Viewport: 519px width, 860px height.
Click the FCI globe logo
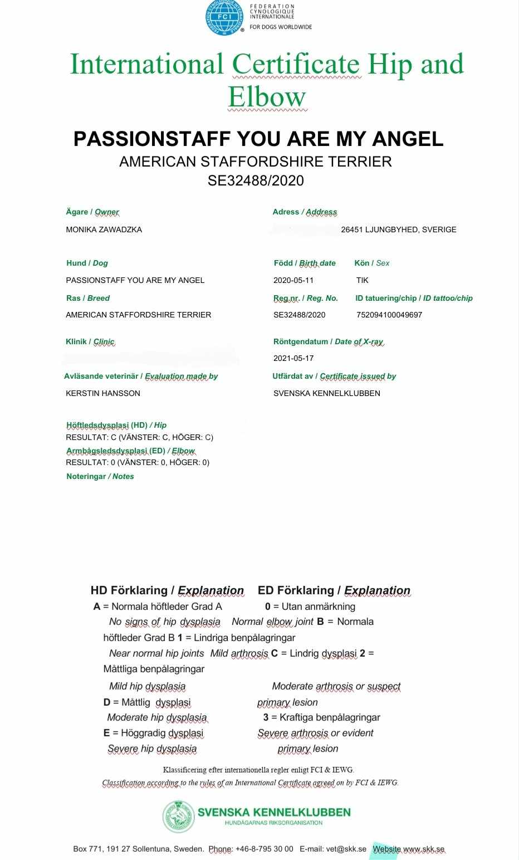(224, 17)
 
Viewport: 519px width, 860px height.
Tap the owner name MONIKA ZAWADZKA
(104, 229)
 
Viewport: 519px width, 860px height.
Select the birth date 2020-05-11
(293, 280)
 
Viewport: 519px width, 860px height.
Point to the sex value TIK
(363, 280)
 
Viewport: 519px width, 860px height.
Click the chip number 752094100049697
(389, 315)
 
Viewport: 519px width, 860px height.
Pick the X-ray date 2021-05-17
(293, 358)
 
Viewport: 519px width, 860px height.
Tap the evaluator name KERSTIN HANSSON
(103, 393)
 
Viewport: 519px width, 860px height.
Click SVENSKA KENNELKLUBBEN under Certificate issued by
(327, 393)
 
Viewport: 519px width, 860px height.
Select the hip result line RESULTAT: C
(139, 437)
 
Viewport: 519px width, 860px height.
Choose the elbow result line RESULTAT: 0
(138, 462)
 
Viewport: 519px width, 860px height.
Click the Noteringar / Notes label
(100, 476)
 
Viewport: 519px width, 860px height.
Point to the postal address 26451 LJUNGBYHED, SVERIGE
(399, 229)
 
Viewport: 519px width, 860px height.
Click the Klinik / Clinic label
(90, 341)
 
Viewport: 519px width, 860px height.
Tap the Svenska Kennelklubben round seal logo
(178, 816)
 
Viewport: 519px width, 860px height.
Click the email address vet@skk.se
(346, 849)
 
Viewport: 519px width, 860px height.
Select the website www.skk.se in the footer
(424, 849)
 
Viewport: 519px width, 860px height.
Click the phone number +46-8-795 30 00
(264, 849)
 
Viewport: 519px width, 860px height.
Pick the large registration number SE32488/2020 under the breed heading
(256, 180)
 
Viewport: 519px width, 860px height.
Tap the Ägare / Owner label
(92, 212)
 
